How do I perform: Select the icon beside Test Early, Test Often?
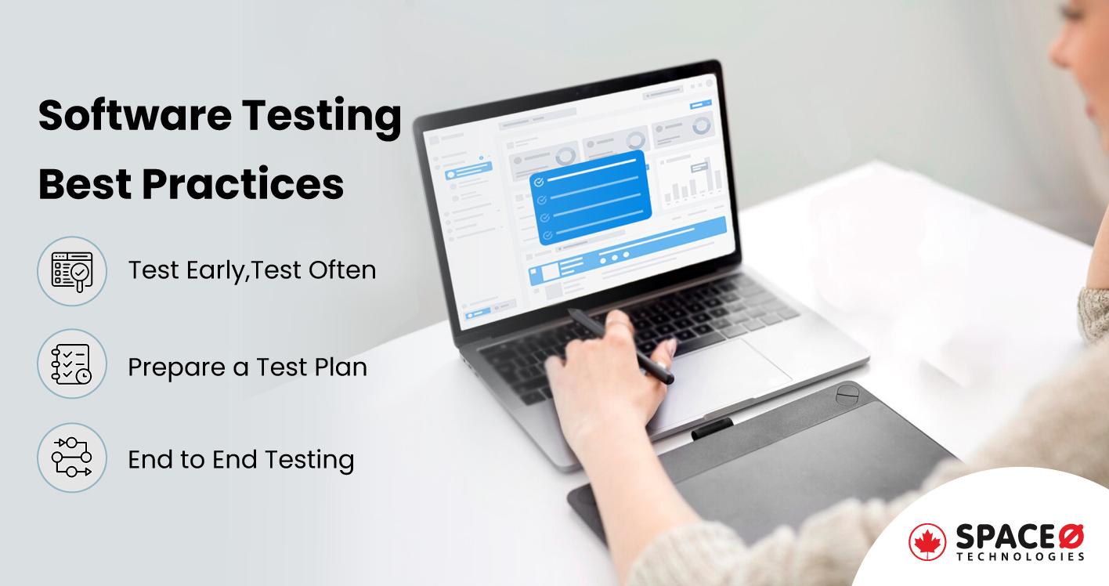pyautogui.click(x=72, y=270)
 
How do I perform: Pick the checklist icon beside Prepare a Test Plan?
pyautogui.click(x=72, y=364)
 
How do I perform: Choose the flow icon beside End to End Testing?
pyautogui.click(x=72, y=458)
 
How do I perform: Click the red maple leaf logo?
pyautogui.click(x=927, y=542)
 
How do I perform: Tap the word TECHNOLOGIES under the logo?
pyautogui.click(x=1020, y=557)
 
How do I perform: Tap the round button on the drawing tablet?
pyautogui.click(x=847, y=393)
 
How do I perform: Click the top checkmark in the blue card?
pyautogui.click(x=539, y=181)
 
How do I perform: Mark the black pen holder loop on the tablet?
pyautogui.click(x=712, y=427)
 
